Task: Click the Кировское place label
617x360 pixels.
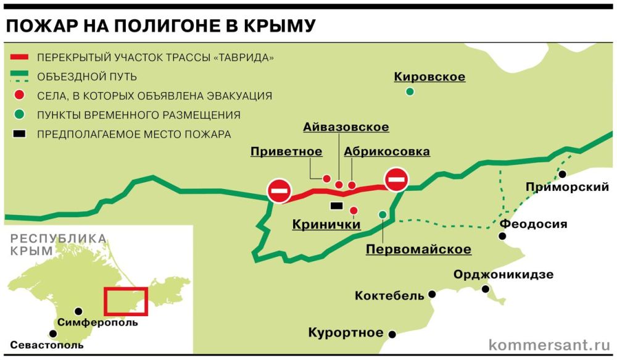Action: pos(429,77)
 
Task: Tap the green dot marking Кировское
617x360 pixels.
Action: pos(410,92)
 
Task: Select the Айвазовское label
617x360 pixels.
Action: pos(346,127)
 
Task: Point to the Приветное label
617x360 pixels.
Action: pos(286,151)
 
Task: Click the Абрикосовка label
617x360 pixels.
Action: pos(387,151)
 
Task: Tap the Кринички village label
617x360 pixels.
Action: pos(326,225)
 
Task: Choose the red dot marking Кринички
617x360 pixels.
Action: pos(354,211)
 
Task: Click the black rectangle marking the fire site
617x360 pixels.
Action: pos(337,206)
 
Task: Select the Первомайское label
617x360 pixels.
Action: pos(418,249)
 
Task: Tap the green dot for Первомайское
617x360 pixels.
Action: pos(383,214)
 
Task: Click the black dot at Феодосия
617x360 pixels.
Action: pos(503,237)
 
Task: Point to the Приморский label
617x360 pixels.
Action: pos(567,187)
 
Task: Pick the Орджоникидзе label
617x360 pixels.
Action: pos(503,275)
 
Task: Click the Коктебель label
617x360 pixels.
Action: pos(389,296)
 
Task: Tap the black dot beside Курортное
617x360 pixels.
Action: pos(392,333)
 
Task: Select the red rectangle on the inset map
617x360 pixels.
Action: pos(126,301)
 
